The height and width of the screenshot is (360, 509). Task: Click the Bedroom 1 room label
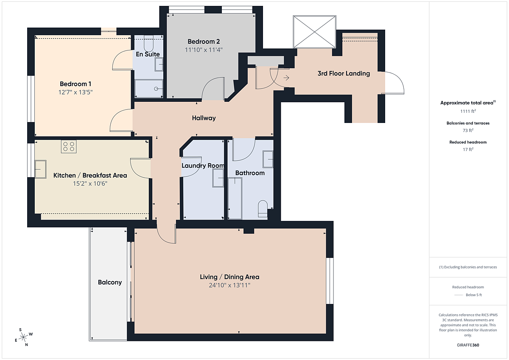[x=76, y=84]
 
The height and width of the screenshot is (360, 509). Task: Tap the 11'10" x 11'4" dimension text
[x=204, y=50]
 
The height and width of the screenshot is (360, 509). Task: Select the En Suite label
[x=148, y=54]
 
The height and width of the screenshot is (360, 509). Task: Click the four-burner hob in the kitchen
[x=69, y=146]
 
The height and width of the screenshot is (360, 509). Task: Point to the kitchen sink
[x=40, y=169]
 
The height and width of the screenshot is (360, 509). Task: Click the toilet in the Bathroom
[x=263, y=209]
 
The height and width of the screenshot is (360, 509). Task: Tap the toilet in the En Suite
[x=148, y=43]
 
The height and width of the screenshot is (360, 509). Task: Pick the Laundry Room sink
[x=218, y=178]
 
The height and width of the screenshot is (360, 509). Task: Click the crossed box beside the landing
[x=314, y=32]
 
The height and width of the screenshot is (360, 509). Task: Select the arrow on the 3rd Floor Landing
[x=286, y=78]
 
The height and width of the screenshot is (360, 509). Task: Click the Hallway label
[x=204, y=118]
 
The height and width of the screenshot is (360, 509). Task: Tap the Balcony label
[x=110, y=282]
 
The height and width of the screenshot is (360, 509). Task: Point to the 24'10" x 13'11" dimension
[x=229, y=285]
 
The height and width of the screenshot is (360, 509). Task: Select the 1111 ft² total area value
[x=468, y=111]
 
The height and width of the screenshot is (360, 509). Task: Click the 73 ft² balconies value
[x=468, y=130]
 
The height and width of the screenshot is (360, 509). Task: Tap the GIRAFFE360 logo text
[x=468, y=345]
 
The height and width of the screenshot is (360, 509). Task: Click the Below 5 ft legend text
[x=474, y=295]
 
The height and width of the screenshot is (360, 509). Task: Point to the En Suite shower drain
[x=156, y=89]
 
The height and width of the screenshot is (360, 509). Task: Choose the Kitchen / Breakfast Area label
[x=90, y=176]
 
